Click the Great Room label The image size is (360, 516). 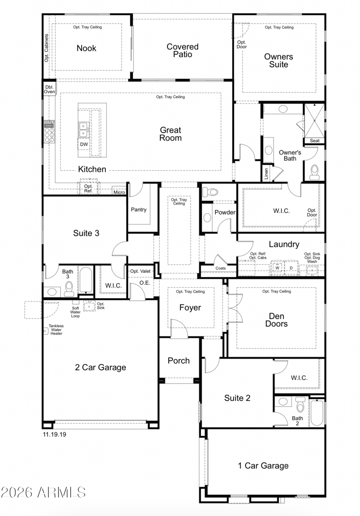[x=171, y=134]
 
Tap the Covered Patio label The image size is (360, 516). [x=182, y=50]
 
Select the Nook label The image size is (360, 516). [x=86, y=48]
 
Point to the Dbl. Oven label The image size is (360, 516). [x=49, y=89]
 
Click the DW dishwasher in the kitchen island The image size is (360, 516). [x=84, y=144]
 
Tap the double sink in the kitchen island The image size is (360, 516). [x=84, y=129]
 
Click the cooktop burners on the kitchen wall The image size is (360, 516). [x=49, y=131]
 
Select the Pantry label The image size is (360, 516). [x=139, y=209]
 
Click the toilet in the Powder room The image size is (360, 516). [x=210, y=191]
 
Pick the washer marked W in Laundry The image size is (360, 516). [x=277, y=267]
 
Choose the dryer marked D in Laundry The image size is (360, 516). [x=291, y=267]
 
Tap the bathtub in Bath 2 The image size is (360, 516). [x=317, y=412]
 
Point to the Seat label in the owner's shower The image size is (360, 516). [x=315, y=140]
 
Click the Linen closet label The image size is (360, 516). [x=266, y=173]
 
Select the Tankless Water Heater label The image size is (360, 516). [x=56, y=330]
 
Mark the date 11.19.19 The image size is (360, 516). [x=54, y=435]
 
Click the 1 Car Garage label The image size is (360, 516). [x=263, y=466]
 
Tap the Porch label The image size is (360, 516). [x=179, y=361]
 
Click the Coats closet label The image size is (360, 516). [x=220, y=268]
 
